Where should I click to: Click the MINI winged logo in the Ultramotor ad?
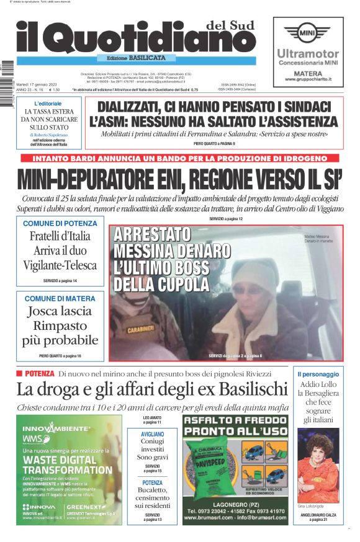pos(307,32)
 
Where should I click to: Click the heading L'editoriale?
pos(48,103)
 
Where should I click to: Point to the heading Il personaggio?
pos(318,374)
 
